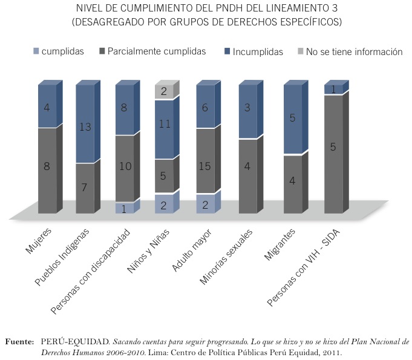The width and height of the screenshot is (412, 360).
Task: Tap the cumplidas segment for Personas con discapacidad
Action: [124, 208]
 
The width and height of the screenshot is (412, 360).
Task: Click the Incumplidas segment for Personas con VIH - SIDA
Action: [333, 89]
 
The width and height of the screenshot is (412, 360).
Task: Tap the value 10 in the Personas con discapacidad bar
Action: [124, 167]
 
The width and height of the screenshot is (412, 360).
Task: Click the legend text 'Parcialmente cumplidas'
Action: [156, 52]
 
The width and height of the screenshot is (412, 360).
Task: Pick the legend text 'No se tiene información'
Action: [353, 52]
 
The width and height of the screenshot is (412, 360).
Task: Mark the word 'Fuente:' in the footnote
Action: [19, 341]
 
